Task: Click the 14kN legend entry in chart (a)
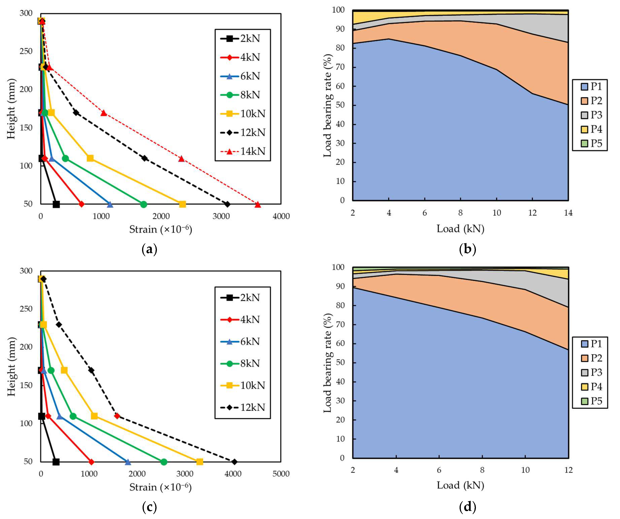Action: [x=243, y=151]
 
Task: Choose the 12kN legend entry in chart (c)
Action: [x=243, y=407]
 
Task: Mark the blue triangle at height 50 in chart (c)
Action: [x=128, y=462]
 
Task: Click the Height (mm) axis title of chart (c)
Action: [x=11, y=367]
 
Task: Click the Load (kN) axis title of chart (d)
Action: [x=461, y=485]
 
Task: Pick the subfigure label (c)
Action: [x=149, y=507]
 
